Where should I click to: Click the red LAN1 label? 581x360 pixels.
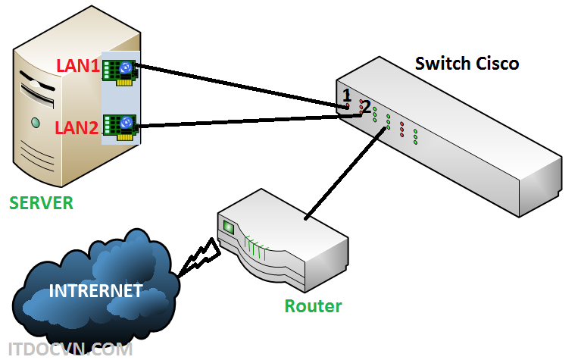(78, 67)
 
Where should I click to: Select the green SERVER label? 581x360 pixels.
(41, 203)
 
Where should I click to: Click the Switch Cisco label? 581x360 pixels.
(467, 64)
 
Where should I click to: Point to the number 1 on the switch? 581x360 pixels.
(347, 95)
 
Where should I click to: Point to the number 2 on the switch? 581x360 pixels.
(366, 107)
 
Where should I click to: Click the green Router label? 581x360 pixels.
(313, 306)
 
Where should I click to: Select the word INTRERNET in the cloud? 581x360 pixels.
(95, 290)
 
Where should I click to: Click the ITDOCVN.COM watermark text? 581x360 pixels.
(66, 349)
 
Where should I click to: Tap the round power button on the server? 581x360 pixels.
(35, 122)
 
